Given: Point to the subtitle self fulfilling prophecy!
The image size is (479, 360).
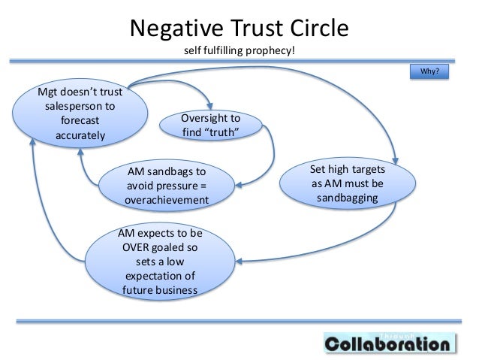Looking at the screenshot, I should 239,53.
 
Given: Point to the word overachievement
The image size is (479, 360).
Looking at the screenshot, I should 166,200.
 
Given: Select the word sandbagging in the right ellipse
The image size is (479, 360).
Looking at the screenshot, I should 347,198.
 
